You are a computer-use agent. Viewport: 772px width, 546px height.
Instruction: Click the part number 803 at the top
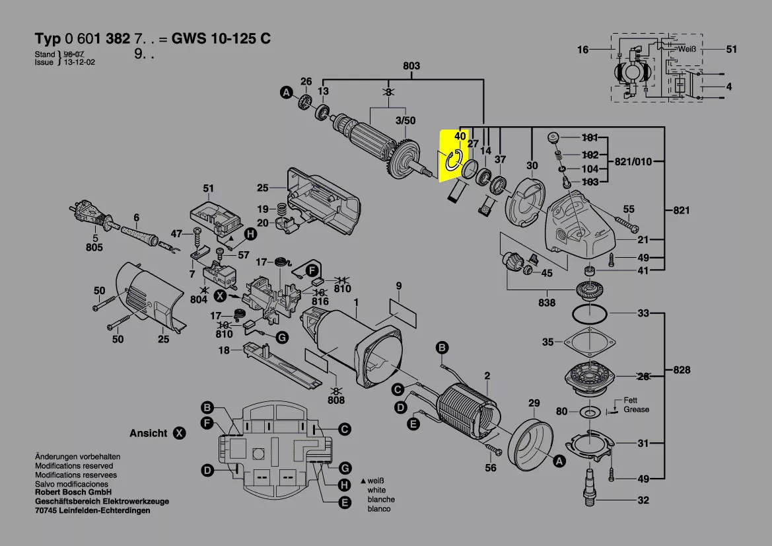tap(411, 65)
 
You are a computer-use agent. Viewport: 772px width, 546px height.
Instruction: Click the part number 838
tap(547, 303)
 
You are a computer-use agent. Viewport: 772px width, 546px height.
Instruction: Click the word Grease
tap(636, 410)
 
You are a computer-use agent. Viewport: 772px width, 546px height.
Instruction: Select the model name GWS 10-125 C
tap(221, 38)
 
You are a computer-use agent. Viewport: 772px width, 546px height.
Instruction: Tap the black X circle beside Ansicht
tap(179, 434)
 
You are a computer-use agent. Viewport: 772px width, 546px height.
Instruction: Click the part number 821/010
tap(633, 161)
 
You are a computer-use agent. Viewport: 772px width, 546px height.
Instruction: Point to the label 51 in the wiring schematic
tap(732, 49)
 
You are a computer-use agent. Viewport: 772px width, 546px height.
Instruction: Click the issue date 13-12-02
tap(79, 62)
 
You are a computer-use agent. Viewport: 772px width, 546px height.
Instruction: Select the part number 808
tap(336, 400)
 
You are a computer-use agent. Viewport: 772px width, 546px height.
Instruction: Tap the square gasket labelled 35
tap(589, 342)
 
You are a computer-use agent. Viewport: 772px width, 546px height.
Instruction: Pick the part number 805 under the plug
tap(94, 247)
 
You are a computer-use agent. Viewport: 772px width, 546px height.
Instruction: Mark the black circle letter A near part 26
tap(287, 92)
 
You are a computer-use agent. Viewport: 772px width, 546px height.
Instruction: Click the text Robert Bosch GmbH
tap(73, 492)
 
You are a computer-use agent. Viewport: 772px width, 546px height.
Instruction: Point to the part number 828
tap(682, 370)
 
